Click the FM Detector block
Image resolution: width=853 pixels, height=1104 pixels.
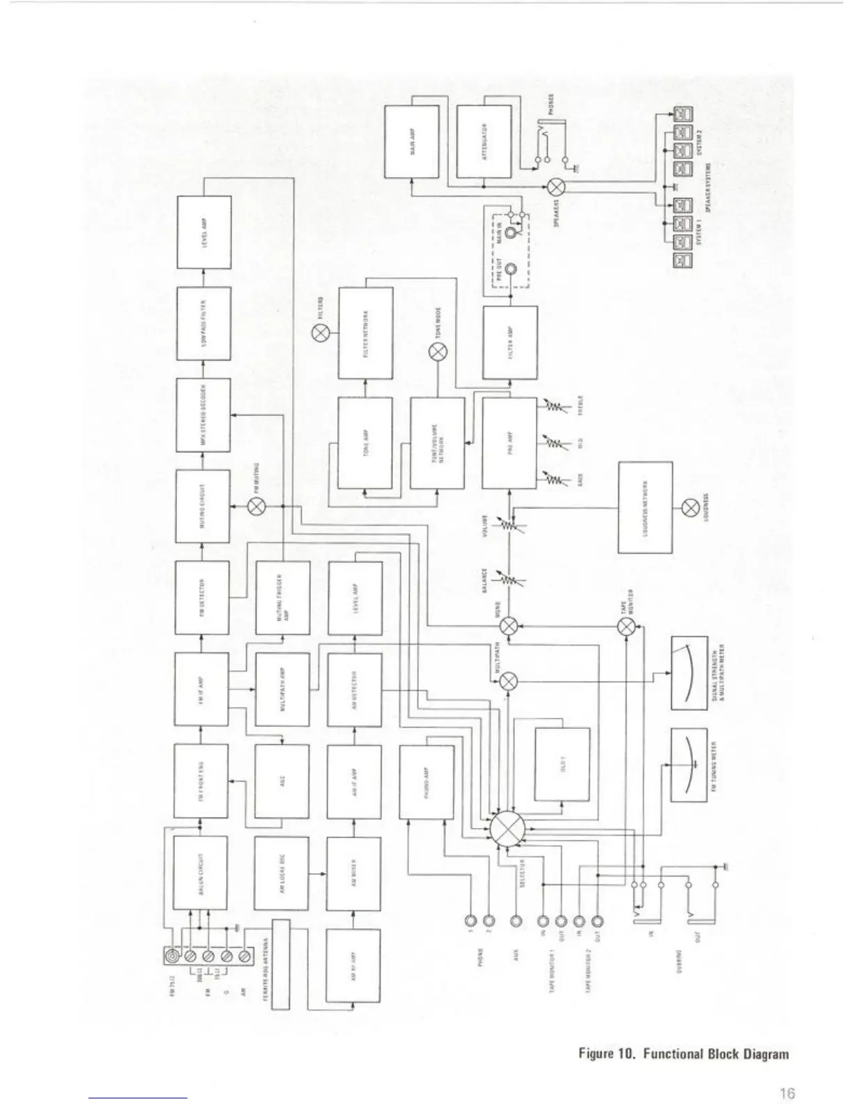coord(202,597)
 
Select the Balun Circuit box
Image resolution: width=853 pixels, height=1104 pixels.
coord(200,873)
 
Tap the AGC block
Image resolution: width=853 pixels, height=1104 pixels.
coord(282,781)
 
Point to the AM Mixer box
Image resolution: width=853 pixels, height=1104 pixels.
coord(354,873)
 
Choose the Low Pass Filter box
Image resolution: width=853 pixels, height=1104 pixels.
coord(203,323)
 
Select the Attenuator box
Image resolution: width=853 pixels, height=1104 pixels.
coord(484,141)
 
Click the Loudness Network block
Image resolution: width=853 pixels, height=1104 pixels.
coord(645,507)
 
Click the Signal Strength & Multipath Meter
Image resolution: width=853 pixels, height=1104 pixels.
coord(689,673)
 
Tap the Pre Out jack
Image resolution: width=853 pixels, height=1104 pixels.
coord(512,270)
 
